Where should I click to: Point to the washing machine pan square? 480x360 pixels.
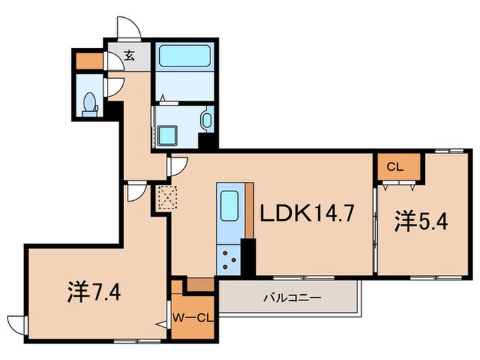tap(168, 136)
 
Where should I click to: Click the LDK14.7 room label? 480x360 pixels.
tap(307, 215)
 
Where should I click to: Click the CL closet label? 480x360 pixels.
tap(394, 165)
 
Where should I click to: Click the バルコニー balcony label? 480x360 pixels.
tap(288, 298)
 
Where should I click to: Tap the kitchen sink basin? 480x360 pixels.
tap(229, 204)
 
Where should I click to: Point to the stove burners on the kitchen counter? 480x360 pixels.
tap(229, 260)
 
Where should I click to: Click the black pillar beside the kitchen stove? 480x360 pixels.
tap(248, 257)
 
